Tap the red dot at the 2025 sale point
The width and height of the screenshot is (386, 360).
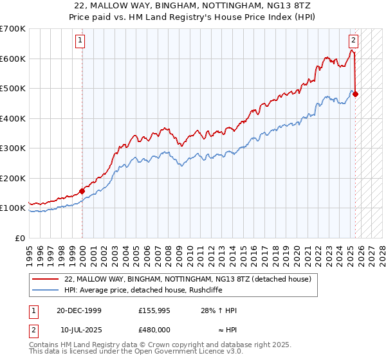tap(356, 94)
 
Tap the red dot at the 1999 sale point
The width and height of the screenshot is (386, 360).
tap(82, 191)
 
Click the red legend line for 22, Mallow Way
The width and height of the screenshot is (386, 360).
tap(45, 279)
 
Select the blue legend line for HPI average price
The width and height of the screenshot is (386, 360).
tap(45, 290)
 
